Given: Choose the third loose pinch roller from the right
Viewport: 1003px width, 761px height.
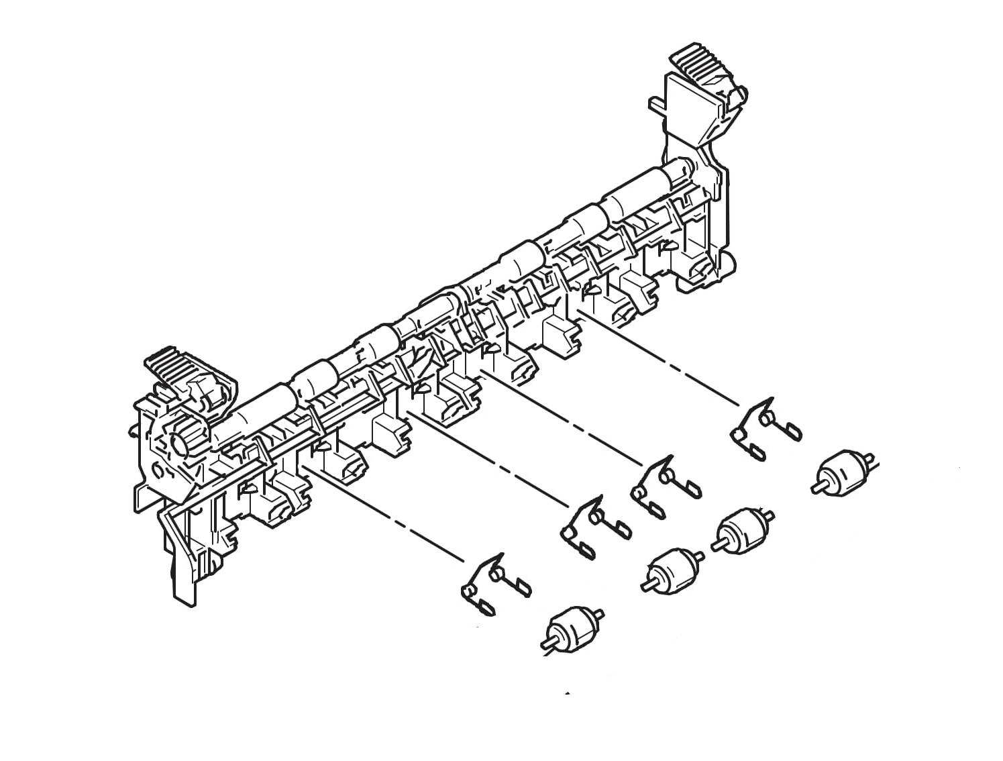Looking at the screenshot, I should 671,569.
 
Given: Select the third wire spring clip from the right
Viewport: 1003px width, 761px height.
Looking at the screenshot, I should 594,527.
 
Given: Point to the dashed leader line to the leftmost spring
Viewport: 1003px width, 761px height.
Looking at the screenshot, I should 382,513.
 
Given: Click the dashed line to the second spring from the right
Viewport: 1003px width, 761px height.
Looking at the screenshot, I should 564,419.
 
